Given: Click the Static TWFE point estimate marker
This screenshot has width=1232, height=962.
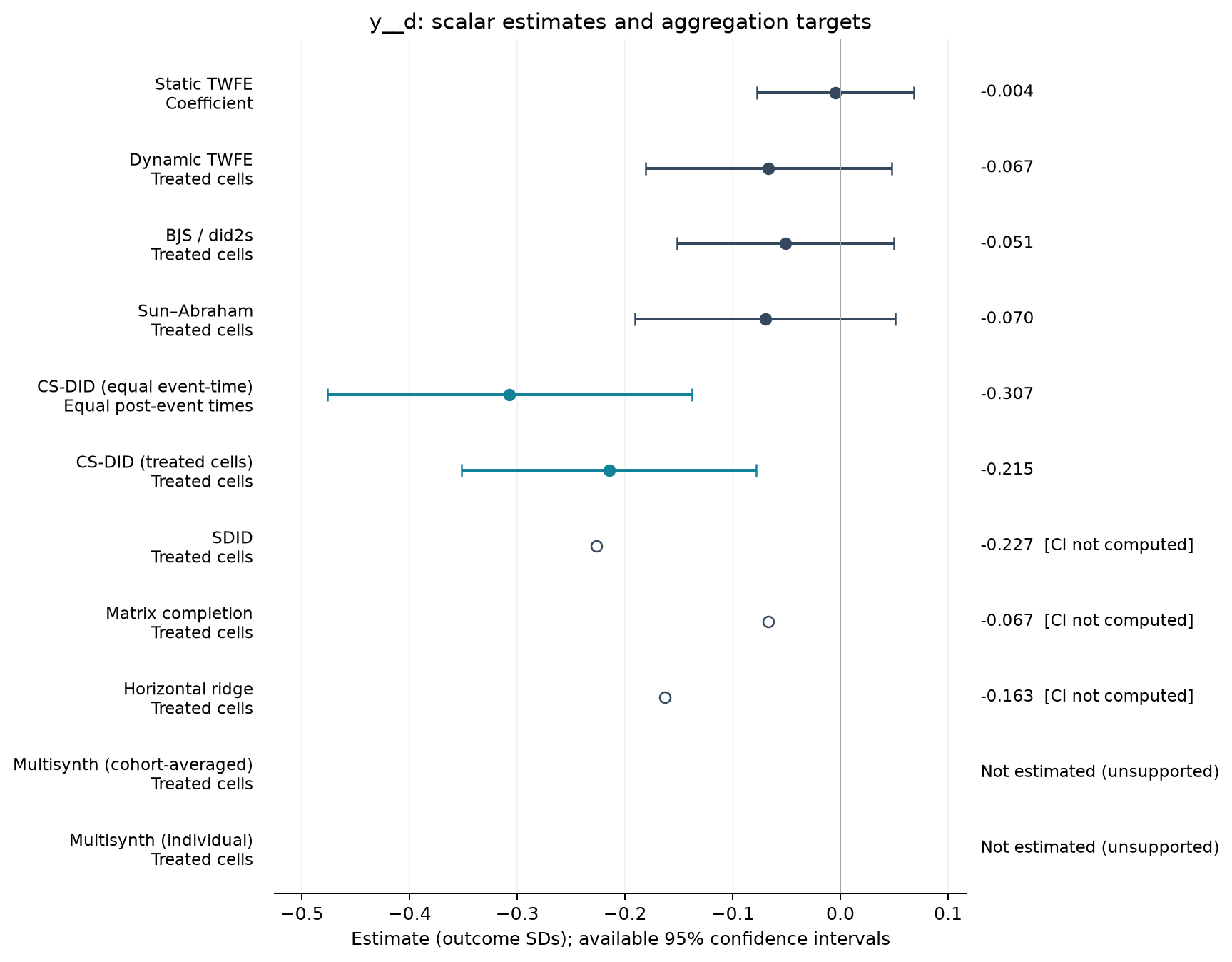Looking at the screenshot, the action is click(835, 93).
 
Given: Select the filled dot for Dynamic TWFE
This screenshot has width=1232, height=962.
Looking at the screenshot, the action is click(768, 168).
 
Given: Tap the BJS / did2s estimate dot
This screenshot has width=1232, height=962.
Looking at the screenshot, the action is click(785, 244).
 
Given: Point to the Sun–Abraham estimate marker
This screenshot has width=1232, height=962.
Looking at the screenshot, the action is click(765, 319).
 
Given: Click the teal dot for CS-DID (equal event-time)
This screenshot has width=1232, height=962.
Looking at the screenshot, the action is click(509, 395).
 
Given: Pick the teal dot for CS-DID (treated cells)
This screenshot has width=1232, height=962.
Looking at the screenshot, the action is click(609, 470).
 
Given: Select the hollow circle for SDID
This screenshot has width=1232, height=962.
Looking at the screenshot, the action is click(596, 546).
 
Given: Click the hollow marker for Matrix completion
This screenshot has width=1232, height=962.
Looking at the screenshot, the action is click(768, 622).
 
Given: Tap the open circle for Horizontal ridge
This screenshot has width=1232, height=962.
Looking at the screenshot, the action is click(665, 697).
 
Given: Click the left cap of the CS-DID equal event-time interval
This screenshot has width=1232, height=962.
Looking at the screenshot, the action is click(327, 395).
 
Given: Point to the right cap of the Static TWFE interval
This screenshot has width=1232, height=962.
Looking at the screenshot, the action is click(914, 93).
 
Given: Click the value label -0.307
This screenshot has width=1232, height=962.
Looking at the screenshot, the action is click(1007, 394).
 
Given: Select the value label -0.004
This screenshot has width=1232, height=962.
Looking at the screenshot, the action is click(1007, 91).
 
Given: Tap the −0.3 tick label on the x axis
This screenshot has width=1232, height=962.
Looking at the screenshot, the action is click(516, 915).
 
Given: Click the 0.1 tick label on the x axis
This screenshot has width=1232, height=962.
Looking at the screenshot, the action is click(947, 915).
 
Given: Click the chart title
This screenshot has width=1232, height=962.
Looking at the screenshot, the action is click(621, 23).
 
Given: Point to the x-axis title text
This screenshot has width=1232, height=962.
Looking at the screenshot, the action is click(621, 939).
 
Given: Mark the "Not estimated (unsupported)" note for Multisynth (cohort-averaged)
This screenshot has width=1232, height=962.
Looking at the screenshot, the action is click(1100, 771).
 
